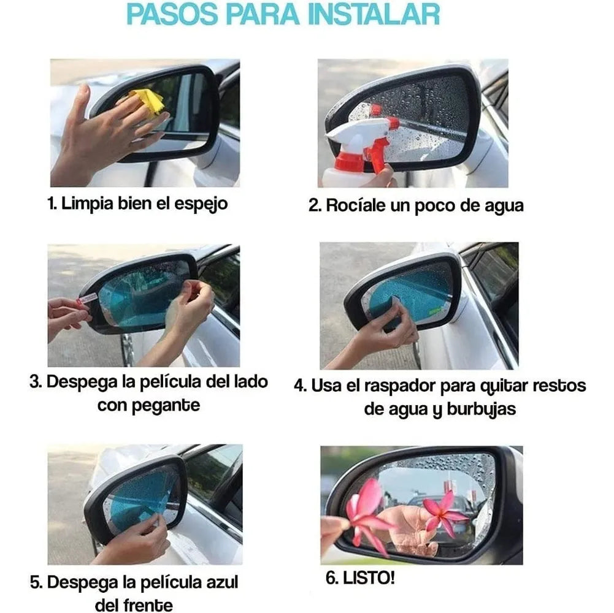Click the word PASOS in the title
point(172,15)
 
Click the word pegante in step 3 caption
point(166,406)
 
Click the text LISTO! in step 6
point(369,578)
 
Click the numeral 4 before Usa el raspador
point(299,387)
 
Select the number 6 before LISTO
point(331,578)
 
